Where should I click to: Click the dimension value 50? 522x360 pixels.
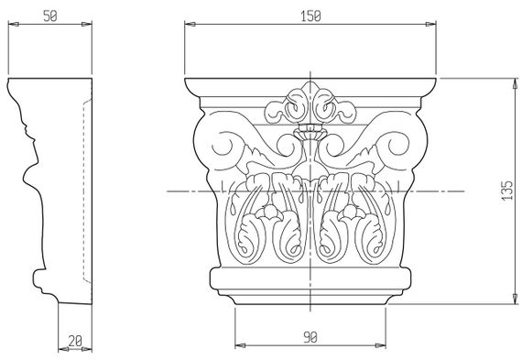point(50,16)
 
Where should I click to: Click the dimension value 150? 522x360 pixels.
point(310,16)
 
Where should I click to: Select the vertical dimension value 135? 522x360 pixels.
point(507,191)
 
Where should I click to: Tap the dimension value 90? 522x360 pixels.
point(310,338)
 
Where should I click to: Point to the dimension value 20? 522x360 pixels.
point(75,341)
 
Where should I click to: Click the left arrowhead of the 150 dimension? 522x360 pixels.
point(190,24)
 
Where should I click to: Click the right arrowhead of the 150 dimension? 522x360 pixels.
point(430,24)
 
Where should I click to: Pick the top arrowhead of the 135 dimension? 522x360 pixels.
point(515,83)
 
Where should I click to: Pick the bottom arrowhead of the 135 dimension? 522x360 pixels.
point(515,299)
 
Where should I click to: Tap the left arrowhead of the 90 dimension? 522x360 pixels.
point(240,345)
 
